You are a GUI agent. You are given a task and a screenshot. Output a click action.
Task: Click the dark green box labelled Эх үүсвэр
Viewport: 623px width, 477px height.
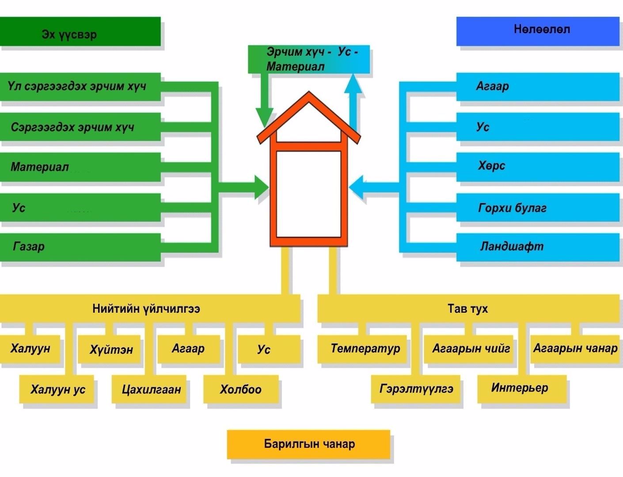pos(80,32)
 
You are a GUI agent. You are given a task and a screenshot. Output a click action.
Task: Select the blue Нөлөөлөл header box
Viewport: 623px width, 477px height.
pos(537,31)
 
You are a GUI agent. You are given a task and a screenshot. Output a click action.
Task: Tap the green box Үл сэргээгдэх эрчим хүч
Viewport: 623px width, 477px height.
pos(80,87)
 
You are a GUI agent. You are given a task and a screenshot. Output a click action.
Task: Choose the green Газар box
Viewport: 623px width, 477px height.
pos(80,247)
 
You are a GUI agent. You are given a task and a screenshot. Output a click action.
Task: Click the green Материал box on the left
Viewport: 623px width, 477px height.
pos(80,167)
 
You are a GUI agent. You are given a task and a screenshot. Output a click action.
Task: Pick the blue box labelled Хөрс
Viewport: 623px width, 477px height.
pos(537,167)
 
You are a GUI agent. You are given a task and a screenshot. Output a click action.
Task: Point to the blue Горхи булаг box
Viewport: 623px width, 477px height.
pos(537,207)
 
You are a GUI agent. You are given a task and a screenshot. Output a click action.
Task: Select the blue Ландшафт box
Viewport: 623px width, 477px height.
pos(537,247)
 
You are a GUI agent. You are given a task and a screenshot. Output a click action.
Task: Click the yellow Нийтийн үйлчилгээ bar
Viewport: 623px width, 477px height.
pos(150,308)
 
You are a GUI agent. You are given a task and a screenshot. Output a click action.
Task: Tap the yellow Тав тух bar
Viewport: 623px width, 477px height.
pos(468,308)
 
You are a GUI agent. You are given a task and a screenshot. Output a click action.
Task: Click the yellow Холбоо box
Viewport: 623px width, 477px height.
pos(241,389)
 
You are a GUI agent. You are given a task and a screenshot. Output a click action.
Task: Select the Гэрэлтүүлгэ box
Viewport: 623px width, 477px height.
pos(416,389)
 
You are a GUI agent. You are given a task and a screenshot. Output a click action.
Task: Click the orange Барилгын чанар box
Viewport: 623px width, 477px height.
pos(309,444)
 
